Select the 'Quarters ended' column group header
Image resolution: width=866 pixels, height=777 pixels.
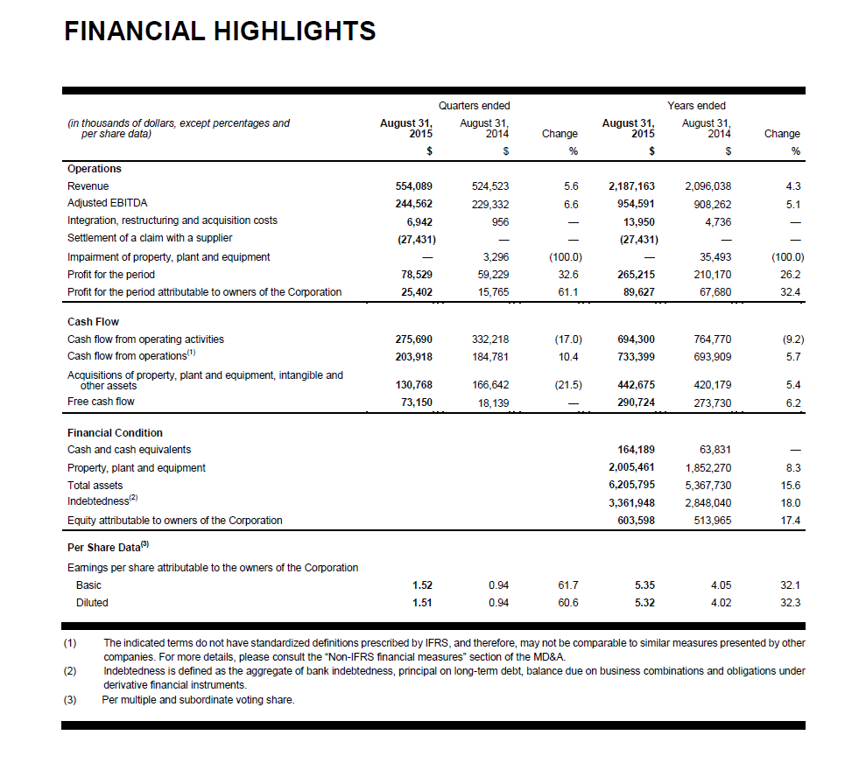coord(474,106)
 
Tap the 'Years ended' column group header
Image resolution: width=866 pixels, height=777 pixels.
coord(696,106)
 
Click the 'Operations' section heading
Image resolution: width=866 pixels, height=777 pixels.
coord(95,169)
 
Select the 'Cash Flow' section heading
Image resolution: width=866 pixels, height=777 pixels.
coord(93,322)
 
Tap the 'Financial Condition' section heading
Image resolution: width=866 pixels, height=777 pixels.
coord(115,433)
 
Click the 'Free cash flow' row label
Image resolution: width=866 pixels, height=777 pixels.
coord(101,402)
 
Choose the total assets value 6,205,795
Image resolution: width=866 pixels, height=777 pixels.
coord(631,485)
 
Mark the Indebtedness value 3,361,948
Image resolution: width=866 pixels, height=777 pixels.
coord(631,503)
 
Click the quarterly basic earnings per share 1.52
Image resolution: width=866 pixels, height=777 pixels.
coord(422,584)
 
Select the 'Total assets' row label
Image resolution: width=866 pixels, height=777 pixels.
coord(95,485)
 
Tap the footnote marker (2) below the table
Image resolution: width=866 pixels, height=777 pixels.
coord(71,672)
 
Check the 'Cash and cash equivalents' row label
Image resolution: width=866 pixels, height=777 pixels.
coord(129,450)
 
